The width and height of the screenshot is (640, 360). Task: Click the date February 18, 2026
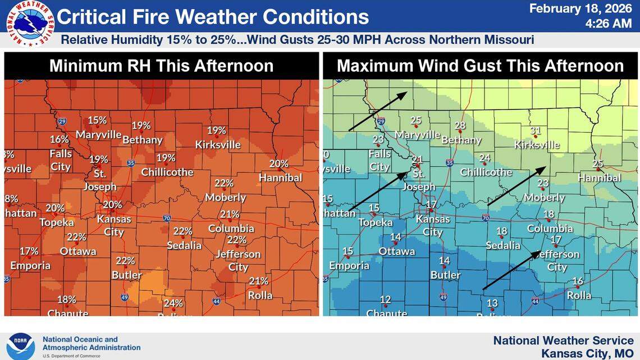(x=580, y=8)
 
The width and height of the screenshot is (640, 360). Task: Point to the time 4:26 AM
(x=608, y=24)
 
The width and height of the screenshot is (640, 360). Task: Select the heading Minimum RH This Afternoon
(x=161, y=66)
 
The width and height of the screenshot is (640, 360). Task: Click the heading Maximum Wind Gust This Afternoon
(x=480, y=66)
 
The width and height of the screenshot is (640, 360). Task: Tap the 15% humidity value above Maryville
(x=97, y=120)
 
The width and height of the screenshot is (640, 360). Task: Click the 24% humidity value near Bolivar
(x=173, y=303)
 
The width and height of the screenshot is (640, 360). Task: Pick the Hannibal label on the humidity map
(x=280, y=177)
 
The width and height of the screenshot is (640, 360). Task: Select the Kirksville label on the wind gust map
(x=537, y=144)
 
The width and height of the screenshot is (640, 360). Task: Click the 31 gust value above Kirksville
(x=536, y=131)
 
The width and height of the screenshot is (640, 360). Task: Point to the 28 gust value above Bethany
(x=460, y=125)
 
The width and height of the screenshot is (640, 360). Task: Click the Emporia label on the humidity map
(x=30, y=265)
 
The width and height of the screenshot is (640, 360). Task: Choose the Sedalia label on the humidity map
(x=184, y=245)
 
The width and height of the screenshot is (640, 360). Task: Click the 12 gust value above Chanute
(x=385, y=299)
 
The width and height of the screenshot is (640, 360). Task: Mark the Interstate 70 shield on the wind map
(x=486, y=218)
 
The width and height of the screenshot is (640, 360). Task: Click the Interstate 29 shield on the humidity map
(x=62, y=121)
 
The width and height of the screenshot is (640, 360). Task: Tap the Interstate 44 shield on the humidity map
(x=216, y=302)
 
